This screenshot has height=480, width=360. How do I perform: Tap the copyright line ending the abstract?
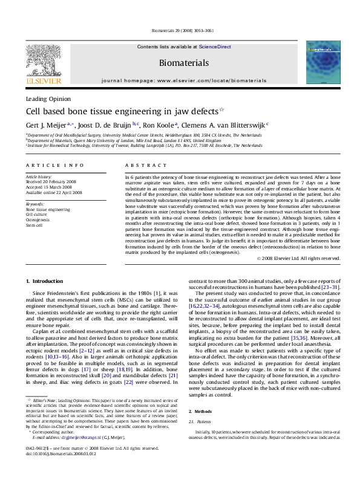pos(306,258)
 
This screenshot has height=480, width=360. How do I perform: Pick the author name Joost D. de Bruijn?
pos(106,126)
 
